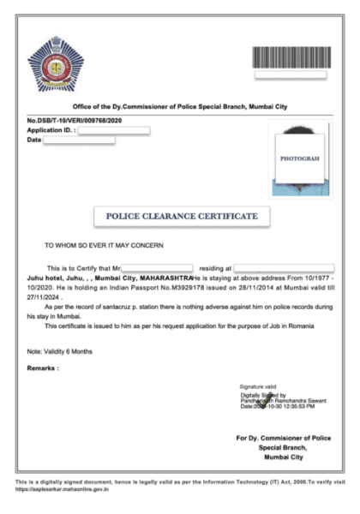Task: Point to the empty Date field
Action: [79, 140]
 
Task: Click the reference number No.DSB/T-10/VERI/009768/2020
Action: [75, 121]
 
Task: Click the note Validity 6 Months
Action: [57, 351]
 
